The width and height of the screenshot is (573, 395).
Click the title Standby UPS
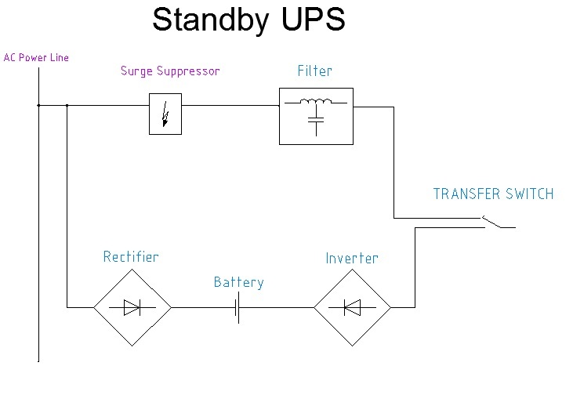pos(248,20)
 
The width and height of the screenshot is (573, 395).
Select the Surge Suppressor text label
pos(170,71)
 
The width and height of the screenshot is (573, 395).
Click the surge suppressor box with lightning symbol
pos(165,114)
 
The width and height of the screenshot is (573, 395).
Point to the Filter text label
pos(314,71)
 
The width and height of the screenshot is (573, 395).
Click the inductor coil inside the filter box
pos(316,103)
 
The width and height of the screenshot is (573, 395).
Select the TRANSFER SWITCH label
pos(493,194)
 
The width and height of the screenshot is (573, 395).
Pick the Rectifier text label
pos(131,257)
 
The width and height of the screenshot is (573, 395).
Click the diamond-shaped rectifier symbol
pos(132,308)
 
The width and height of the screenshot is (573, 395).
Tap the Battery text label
pos(238,282)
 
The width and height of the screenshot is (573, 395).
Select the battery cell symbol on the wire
pos(237,308)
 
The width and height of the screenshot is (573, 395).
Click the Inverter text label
pos(352,257)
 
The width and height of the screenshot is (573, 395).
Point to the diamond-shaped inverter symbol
pos(352,308)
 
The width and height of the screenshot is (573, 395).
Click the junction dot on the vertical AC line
pos(38,105)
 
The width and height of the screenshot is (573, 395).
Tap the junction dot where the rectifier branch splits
pos(67,105)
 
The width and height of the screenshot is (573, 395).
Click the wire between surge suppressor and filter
pos(230,105)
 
